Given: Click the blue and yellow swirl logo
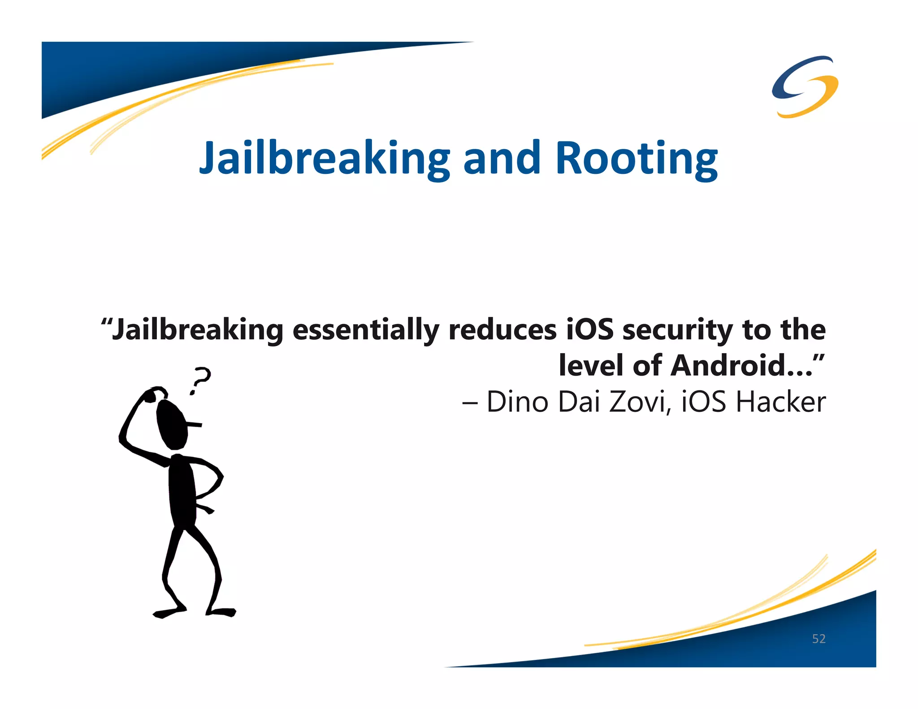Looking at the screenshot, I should (x=805, y=86).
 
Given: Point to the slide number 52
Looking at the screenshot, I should (x=818, y=639).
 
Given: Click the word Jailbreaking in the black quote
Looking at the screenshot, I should (x=197, y=330).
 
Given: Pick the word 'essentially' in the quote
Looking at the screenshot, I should (x=365, y=330).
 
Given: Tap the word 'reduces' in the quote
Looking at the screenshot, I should (x=502, y=330).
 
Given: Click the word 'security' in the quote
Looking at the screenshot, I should (x=677, y=330).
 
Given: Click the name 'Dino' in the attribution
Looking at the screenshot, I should (x=517, y=402).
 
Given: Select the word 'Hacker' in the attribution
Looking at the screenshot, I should (x=780, y=402).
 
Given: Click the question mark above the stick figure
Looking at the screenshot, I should (x=200, y=380).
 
